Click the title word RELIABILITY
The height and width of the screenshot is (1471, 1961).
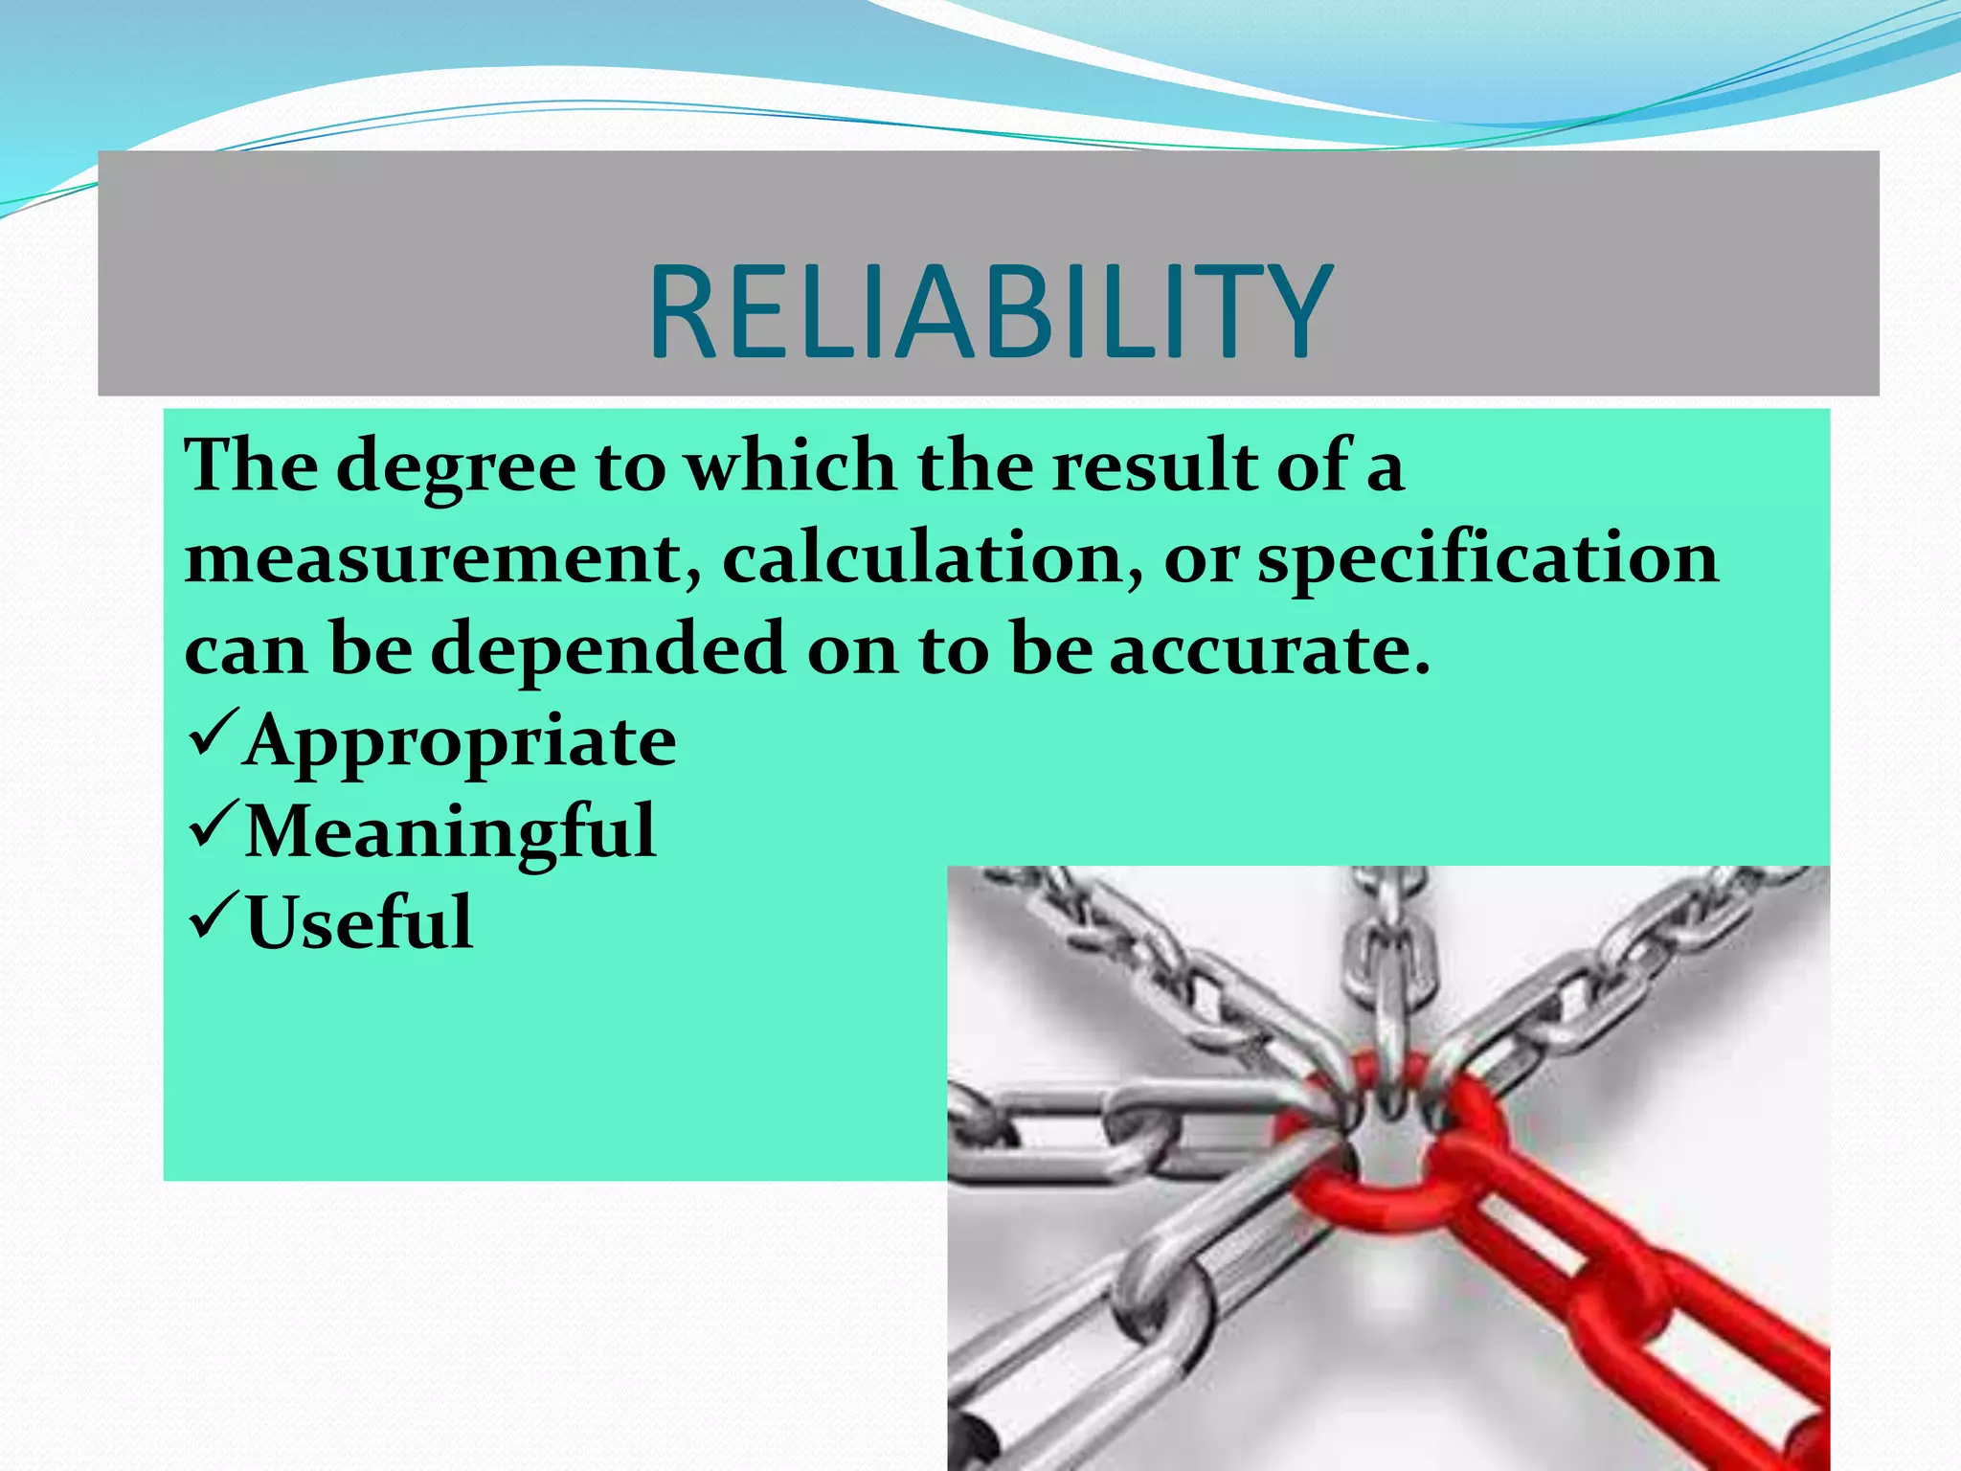[x=990, y=312]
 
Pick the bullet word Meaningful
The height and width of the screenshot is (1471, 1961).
[x=450, y=831]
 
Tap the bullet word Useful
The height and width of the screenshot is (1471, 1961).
[x=359, y=922]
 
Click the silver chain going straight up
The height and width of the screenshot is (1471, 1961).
[x=1388, y=958]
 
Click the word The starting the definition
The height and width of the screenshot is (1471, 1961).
[x=251, y=467]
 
